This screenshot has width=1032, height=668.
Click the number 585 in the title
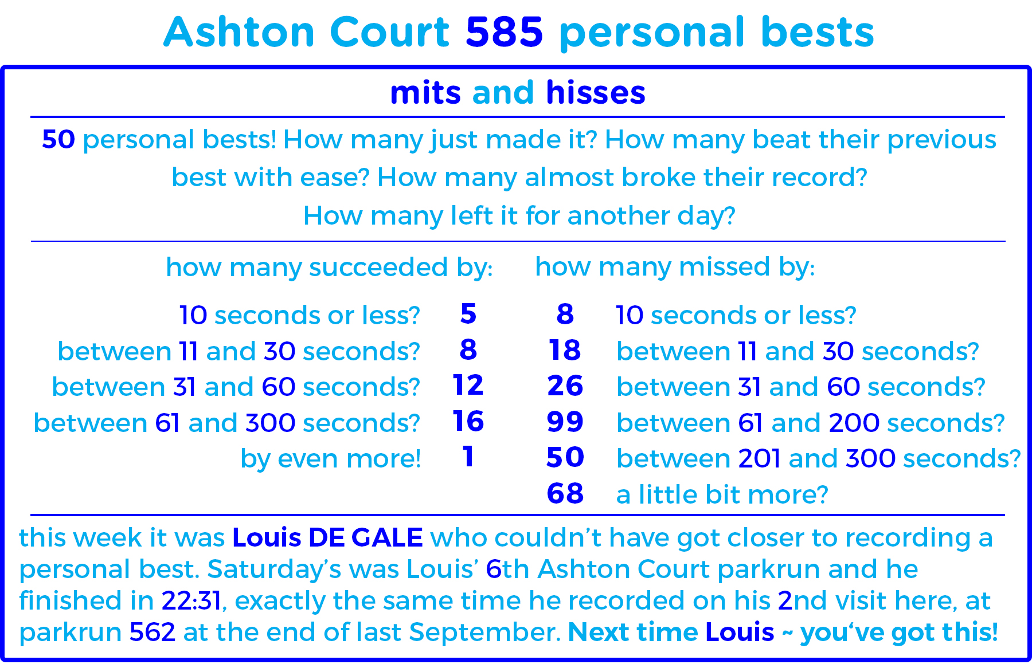click(504, 32)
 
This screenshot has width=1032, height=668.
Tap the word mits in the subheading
click(425, 93)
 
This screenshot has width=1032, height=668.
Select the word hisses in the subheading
click(596, 93)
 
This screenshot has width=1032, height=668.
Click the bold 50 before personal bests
click(58, 140)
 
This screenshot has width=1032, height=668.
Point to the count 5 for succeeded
click(468, 314)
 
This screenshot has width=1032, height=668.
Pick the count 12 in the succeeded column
click(468, 386)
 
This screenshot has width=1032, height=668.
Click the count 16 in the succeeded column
click(468, 422)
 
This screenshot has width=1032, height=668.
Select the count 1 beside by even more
click(468, 457)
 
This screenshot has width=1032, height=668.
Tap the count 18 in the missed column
click(565, 350)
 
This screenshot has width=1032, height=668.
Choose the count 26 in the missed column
click(565, 386)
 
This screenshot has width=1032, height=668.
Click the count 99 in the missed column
click(565, 422)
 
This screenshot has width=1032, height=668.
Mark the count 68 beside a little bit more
click(565, 494)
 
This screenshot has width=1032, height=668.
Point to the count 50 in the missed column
click(565, 458)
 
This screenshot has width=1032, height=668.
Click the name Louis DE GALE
click(327, 538)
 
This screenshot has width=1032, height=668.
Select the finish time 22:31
click(191, 601)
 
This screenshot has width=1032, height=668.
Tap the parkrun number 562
click(153, 632)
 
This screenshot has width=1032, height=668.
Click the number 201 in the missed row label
click(759, 459)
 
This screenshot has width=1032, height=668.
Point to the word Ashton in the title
click(238, 32)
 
